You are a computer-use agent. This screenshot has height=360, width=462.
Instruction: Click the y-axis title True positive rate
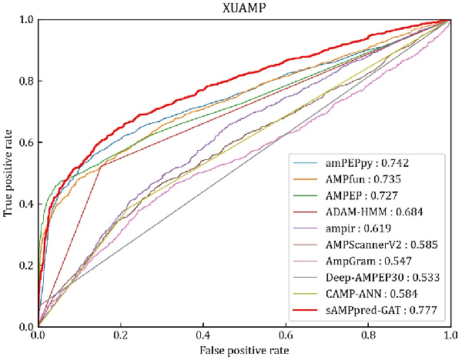pyautogui.click(x=8, y=173)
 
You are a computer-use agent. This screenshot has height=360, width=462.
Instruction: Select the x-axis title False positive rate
pyautogui.click(x=244, y=351)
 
